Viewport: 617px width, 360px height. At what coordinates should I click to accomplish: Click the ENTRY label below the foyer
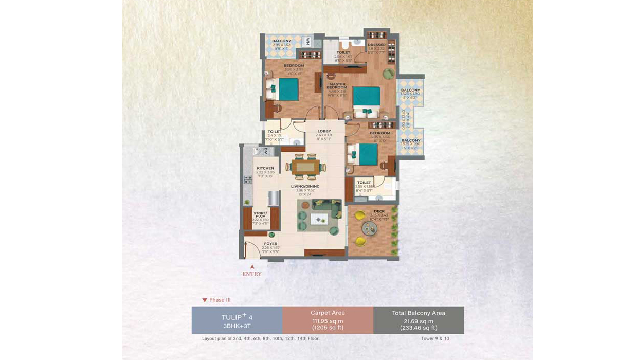252,274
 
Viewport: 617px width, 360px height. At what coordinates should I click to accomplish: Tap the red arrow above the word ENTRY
252,266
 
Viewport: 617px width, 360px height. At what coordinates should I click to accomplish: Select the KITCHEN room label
265,168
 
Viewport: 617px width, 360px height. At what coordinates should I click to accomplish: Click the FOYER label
270,244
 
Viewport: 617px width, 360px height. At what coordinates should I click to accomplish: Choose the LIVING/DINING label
307,186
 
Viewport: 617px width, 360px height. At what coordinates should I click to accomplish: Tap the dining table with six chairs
306,166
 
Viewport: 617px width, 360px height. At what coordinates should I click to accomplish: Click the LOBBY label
324,131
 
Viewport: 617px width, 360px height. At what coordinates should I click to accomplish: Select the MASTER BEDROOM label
337,86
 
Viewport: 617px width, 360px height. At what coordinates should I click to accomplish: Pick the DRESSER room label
376,45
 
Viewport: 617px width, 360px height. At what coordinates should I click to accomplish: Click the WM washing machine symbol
307,41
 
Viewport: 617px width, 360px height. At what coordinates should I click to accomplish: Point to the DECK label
379,211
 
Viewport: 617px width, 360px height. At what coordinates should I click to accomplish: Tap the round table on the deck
368,228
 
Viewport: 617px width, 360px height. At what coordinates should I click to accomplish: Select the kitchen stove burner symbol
248,179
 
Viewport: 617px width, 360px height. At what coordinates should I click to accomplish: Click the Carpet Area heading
328,313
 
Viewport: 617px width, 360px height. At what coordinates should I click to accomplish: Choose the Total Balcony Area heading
418,313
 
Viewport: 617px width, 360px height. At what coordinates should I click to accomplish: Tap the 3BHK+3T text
237,326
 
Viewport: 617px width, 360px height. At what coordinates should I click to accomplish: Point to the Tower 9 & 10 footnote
435,339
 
